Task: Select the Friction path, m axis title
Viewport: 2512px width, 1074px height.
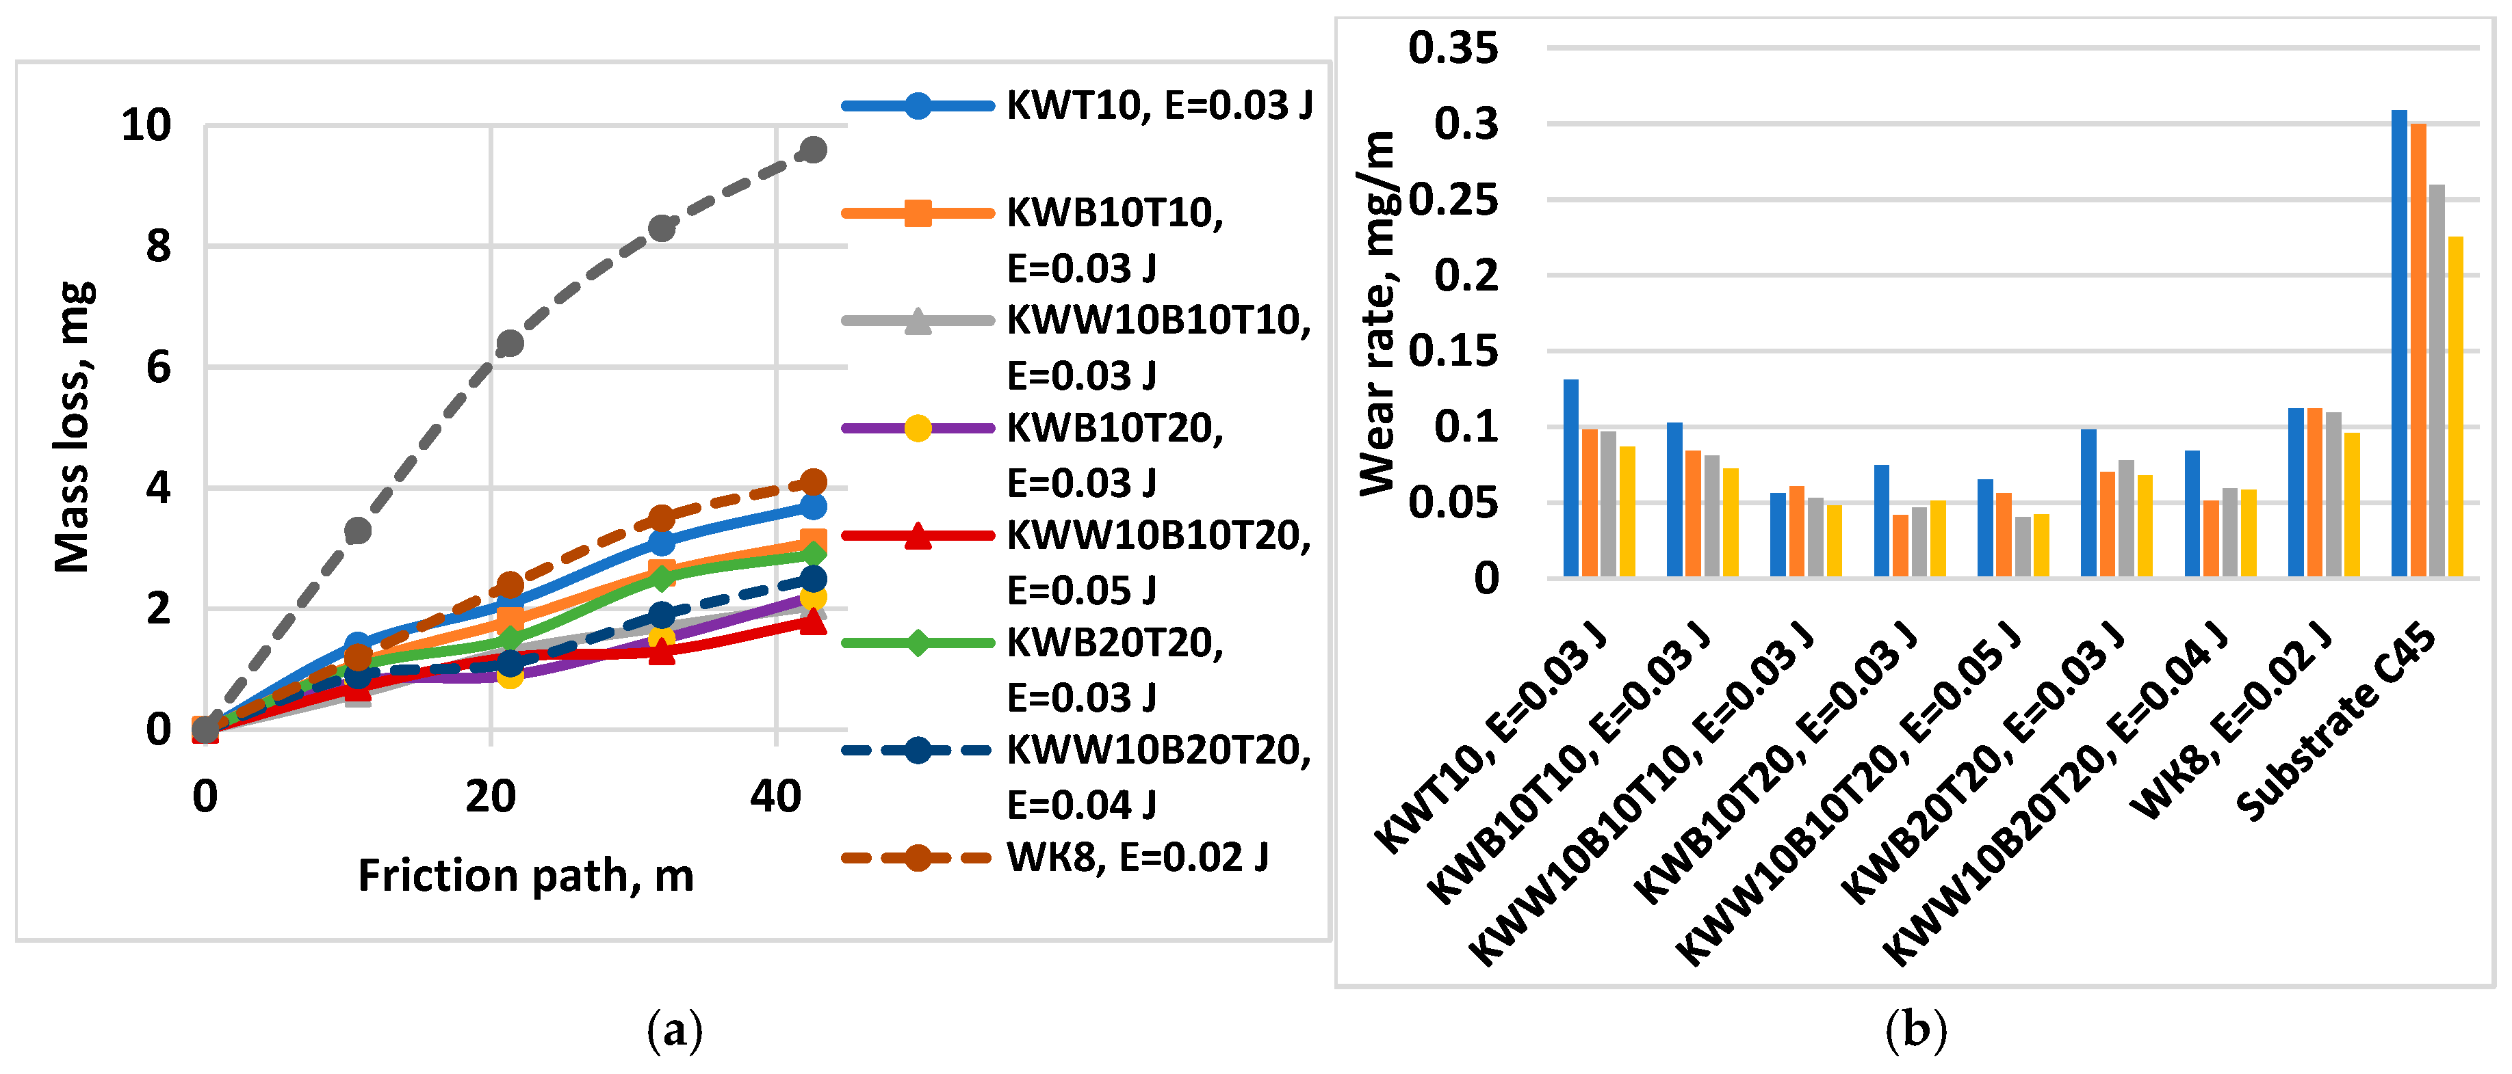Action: click(526, 875)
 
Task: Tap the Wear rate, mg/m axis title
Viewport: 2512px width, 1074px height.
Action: click(1378, 312)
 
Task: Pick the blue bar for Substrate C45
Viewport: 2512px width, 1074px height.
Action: click(2399, 343)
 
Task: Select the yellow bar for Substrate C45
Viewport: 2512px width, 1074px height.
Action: click(2455, 406)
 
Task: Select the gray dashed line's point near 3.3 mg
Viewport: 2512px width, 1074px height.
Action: click(358, 531)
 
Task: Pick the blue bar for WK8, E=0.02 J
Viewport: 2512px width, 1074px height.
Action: click(2296, 492)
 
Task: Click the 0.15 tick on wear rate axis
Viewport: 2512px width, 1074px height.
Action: click(1452, 351)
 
